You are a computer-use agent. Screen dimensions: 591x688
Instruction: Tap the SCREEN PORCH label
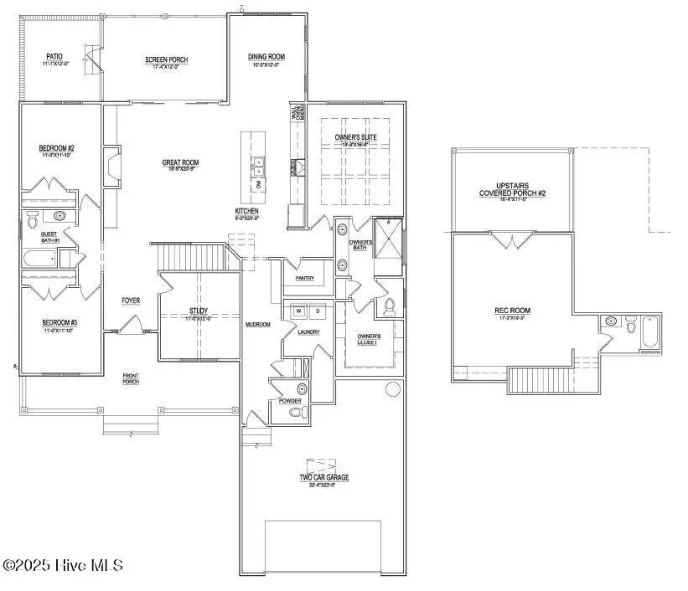(166, 59)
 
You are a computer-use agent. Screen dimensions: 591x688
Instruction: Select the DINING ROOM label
(266, 57)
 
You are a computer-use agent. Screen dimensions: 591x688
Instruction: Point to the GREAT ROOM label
(181, 162)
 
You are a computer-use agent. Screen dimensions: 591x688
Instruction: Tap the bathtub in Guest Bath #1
(41, 260)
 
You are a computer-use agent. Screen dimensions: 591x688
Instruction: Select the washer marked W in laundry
(297, 311)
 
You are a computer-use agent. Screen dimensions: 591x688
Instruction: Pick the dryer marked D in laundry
(317, 311)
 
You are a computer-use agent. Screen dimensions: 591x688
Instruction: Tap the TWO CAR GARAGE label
(324, 477)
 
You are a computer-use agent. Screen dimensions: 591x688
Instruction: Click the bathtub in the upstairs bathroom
(650, 331)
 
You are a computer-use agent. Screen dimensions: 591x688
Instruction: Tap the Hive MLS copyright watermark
(63, 567)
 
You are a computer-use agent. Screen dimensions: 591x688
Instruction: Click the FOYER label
(132, 300)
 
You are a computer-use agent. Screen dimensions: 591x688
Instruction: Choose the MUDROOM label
(257, 324)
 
